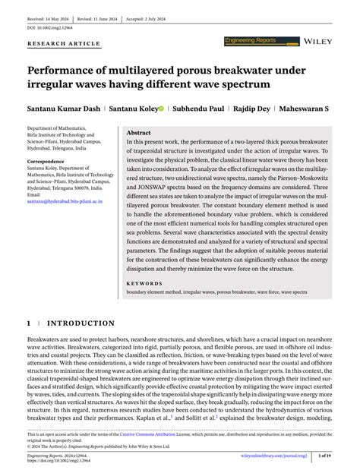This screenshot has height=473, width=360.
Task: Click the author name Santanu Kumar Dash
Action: tap(64, 109)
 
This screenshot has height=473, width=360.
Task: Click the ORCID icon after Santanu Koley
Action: tap(161, 109)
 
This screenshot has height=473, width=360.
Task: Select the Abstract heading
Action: tap(138, 132)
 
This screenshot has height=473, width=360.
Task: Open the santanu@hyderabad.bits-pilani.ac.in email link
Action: tap(65, 202)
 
